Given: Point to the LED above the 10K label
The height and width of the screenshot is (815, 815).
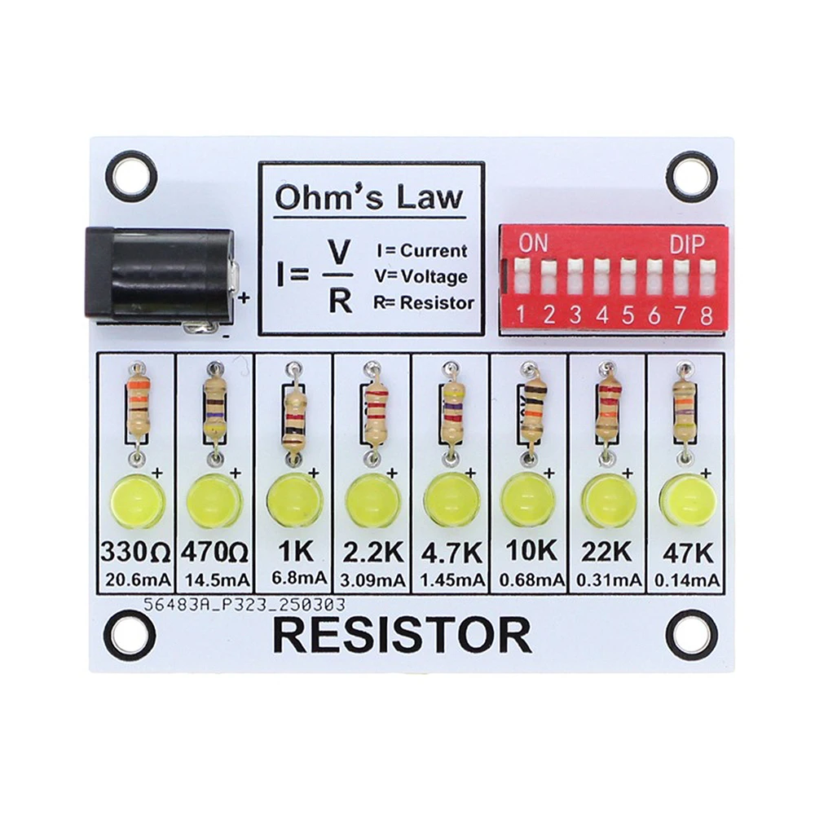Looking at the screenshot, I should (x=527, y=500).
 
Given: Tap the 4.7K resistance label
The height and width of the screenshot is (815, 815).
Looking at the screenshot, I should (x=451, y=552).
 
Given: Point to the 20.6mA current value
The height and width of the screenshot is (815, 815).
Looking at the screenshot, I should (x=136, y=579).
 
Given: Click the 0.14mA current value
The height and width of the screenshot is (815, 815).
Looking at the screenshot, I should (x=686, y=579).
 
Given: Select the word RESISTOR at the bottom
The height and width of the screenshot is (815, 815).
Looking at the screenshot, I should (x=402, y=637).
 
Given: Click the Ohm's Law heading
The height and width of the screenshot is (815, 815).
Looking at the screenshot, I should (x=368, y=197).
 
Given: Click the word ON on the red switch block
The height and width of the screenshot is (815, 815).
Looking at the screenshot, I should (x=533, y=242).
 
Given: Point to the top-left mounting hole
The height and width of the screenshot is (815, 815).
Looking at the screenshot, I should (x=131, y=176).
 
